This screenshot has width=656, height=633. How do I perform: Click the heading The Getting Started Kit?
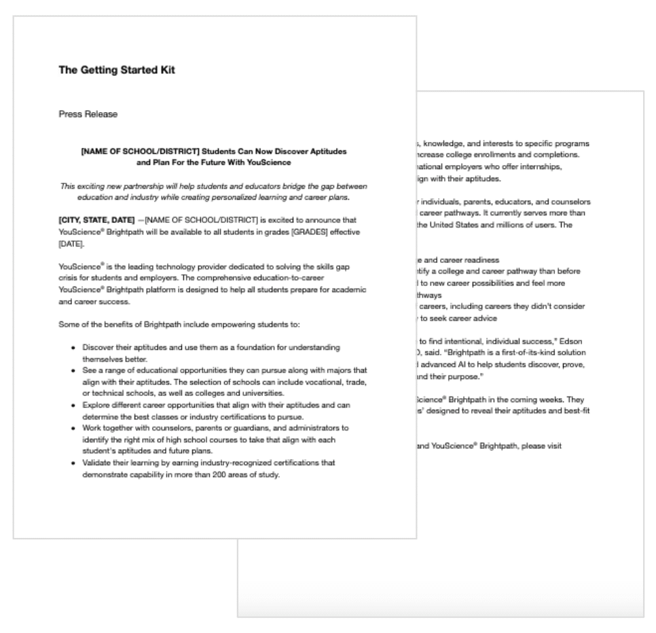tap(117, 70)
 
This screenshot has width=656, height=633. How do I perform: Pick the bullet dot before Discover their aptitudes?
tap(73, 347)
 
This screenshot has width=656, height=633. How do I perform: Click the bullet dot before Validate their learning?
tap(73, 463)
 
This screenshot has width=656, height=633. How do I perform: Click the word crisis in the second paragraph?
tap(70, 278)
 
